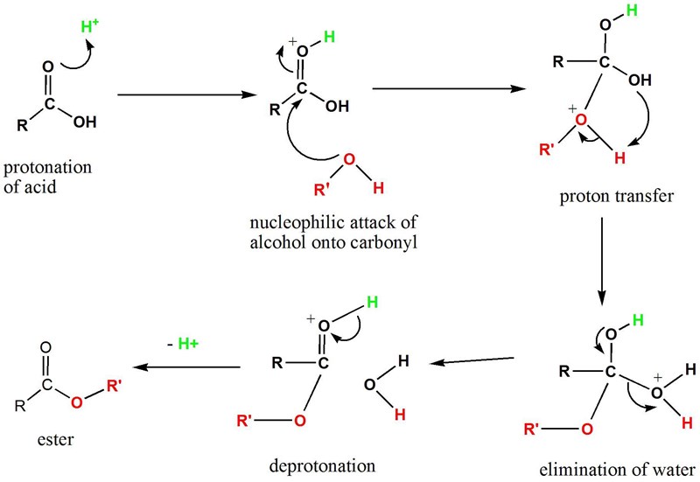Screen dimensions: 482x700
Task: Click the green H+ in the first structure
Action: pos(87,28)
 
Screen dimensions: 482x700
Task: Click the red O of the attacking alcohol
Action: pos(349,158)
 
